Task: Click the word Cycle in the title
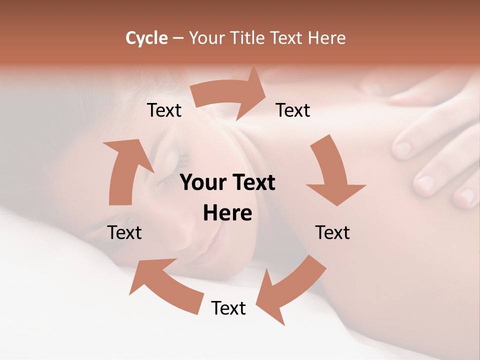click(x=146, y=38)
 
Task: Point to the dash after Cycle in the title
click(x=178, y=38)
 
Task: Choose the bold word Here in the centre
click(x=227, y=213)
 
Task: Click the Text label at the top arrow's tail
click(x=164, y=110)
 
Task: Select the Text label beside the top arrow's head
click(x=293, y=110)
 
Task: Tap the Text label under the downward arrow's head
click(x=332, y=232)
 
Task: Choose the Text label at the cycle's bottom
click(x=228, y=308)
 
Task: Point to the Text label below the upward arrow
click(x=124, y=232)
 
